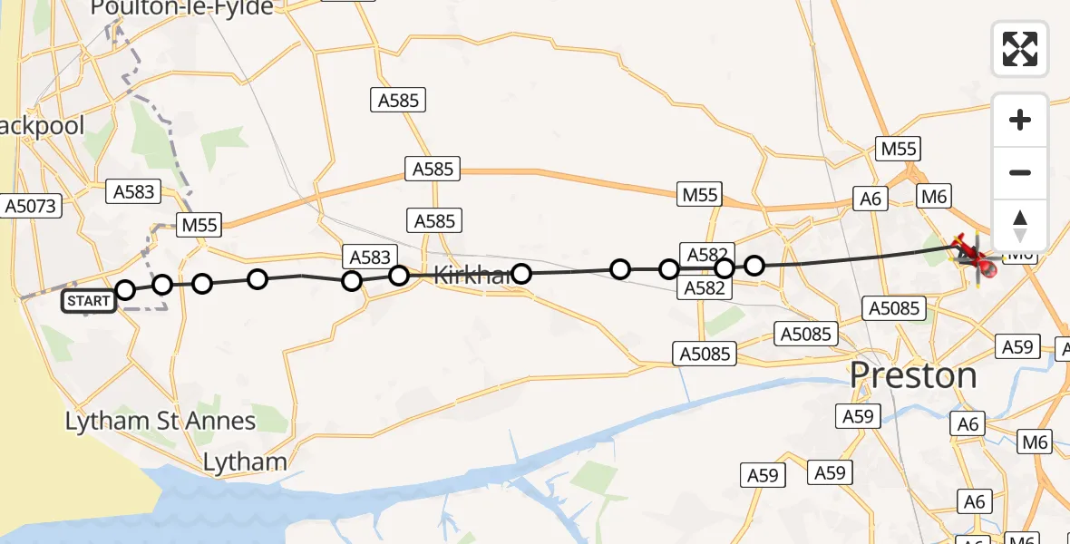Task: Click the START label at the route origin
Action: tap(89, 300)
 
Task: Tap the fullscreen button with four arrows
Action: tap(1020, 48)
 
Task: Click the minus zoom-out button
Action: tap(1020, 172)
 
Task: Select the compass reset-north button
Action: tap(1020, 225)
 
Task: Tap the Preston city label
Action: tap(914, 375)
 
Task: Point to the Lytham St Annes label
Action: tap(160, 421)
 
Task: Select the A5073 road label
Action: tap(31, 206)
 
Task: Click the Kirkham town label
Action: tap(472, 276)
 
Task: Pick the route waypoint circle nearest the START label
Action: tap(125, 290)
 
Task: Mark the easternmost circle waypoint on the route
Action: tap(754, 266)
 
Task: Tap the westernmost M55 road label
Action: tap(200, 225)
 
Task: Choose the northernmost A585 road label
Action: tap(398, 100)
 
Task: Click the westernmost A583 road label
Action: tap(134, 191)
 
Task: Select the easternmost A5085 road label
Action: tap(895, 308)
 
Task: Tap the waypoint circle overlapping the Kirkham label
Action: tap(521, 273)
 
